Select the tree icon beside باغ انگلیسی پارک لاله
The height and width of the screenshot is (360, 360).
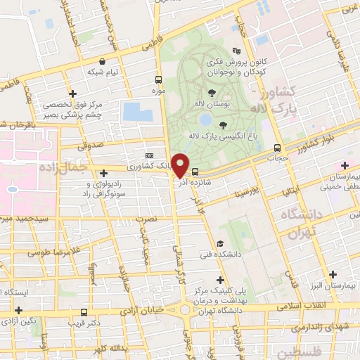click(223, 125)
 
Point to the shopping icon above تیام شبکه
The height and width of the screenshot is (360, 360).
click(103, 61)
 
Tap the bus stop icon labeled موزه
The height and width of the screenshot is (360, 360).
click(158, 79)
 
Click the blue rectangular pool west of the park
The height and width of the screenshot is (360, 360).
click(131, 110)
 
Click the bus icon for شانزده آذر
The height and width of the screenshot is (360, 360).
click(195, 172)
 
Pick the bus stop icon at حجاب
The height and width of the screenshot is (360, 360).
click(277, 148)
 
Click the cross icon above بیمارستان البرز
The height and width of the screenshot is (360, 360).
click(333, 273)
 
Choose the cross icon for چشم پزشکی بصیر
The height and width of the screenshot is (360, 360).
click(72, 94)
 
